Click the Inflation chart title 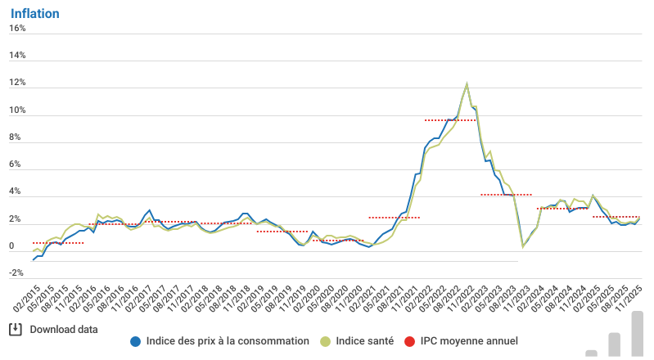click(x=34, y=12)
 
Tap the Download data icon click(x=15, y=329)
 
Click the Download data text click(x=64, y=330)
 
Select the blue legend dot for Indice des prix click(x=136, y=340)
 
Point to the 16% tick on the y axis click(x=18, y=28)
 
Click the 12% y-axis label click(x=18, y=83)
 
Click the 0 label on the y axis click(x=11, y=247)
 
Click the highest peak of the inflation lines click(x=467, y=83)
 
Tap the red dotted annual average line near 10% click(x=450, y=120)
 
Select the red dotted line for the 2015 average click(x=57, y=243)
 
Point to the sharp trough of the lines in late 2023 click(x=523, y=246)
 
